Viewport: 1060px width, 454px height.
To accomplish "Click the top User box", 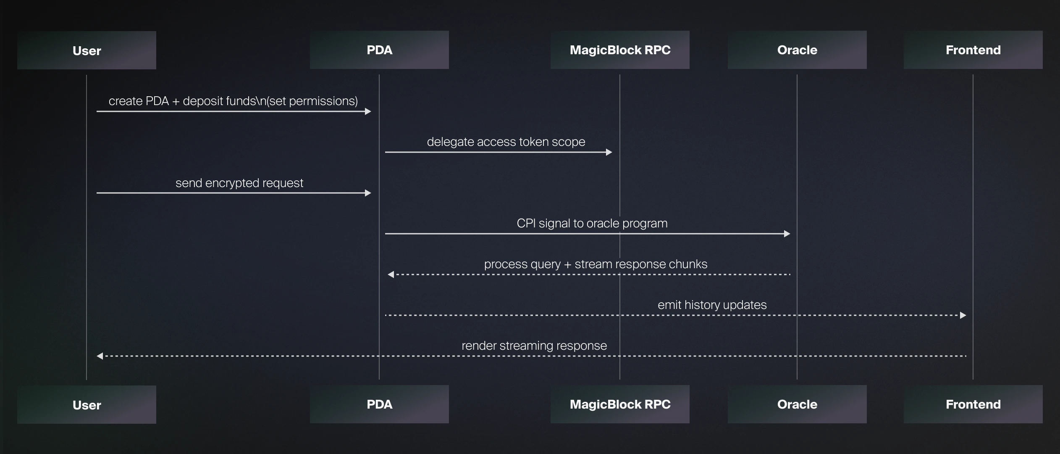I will [87, 50].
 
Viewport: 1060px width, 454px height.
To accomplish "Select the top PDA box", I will [379, 50].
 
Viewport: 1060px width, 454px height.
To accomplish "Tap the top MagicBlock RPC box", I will [620, 50].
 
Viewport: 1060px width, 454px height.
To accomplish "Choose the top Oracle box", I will [797, 50].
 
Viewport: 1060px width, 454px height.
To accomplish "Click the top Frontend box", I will [973, 50].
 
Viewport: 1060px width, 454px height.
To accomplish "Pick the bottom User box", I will [87, 405].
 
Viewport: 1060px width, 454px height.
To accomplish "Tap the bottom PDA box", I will [379, 404].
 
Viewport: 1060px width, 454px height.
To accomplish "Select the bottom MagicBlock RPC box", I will [620, 404].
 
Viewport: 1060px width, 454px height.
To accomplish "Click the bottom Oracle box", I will [797, 404].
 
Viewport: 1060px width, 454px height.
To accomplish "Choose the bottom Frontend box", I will [973, 404].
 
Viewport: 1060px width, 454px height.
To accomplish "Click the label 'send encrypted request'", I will [239, 183].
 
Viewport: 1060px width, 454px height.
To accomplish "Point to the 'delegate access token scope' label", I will [506, 142].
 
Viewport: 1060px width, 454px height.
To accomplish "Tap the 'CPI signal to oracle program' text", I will [592, 224].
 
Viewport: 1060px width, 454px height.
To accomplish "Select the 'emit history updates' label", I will [712, 305].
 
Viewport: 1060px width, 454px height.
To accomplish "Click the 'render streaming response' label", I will [534, 346].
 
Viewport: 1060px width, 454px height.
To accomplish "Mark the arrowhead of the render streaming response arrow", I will [100, 356].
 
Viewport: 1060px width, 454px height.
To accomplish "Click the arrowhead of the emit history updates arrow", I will [963, 315].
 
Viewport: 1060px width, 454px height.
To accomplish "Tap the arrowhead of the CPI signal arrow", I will [787, 234].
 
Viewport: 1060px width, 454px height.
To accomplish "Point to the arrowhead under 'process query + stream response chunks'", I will [391, 275].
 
